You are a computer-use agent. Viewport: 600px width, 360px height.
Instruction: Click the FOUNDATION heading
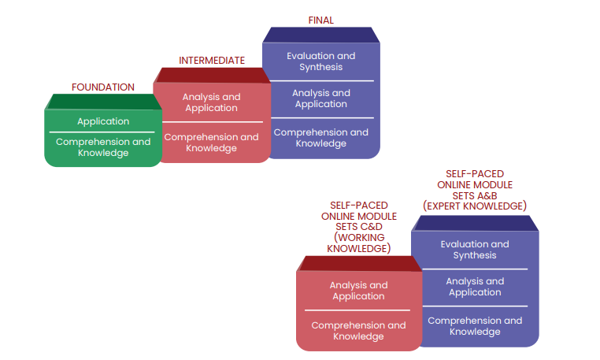coord(102,87)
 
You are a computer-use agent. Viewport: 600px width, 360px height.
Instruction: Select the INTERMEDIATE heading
coord(211,60)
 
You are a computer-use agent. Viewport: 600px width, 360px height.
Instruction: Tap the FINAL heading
coord(320,20)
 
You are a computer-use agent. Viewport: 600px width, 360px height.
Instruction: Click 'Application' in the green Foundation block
coord(103,121)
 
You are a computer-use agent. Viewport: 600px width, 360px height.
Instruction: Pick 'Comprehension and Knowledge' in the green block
coord(103,147)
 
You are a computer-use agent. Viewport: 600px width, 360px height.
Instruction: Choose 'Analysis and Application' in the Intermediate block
coord(211,102)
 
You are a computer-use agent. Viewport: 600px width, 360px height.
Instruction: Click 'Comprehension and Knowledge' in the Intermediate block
coord(211,143)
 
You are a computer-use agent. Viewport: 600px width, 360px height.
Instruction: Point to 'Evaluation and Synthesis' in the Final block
coord(320,61)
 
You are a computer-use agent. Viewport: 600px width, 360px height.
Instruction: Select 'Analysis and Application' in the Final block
coord(320,98)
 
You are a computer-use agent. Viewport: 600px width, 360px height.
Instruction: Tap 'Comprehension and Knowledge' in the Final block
coord(320,138)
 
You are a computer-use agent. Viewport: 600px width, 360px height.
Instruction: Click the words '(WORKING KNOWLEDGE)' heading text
coord(358,243)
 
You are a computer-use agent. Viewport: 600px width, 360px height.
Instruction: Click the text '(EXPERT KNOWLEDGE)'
coord(475,206)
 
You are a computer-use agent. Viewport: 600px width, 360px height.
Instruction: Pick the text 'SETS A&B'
coord(475,195)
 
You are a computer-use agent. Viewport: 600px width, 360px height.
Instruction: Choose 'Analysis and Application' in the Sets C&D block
coord(358,291)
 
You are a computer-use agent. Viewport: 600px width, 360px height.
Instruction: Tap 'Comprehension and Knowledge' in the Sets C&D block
coord(358,331)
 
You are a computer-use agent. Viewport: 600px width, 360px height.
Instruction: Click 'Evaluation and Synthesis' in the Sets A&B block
coord(475,250)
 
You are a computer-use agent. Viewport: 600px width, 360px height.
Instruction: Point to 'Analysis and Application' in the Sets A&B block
coord(475,287)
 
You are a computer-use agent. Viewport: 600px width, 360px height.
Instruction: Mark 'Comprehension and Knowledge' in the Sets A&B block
coord(475,326)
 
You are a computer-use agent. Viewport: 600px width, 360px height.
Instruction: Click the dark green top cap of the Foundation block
coord(103,102)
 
